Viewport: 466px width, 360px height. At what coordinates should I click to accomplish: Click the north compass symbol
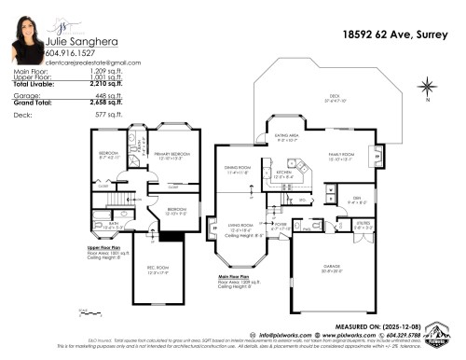coord(427,90)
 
